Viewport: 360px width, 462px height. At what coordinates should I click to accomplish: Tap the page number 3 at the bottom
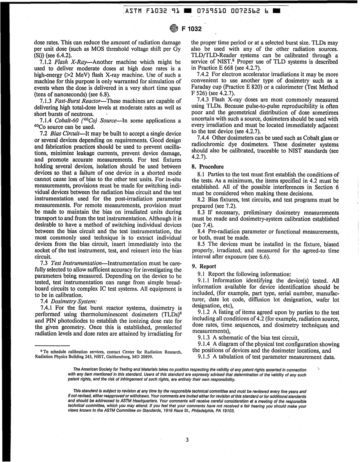coord(187,440)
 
